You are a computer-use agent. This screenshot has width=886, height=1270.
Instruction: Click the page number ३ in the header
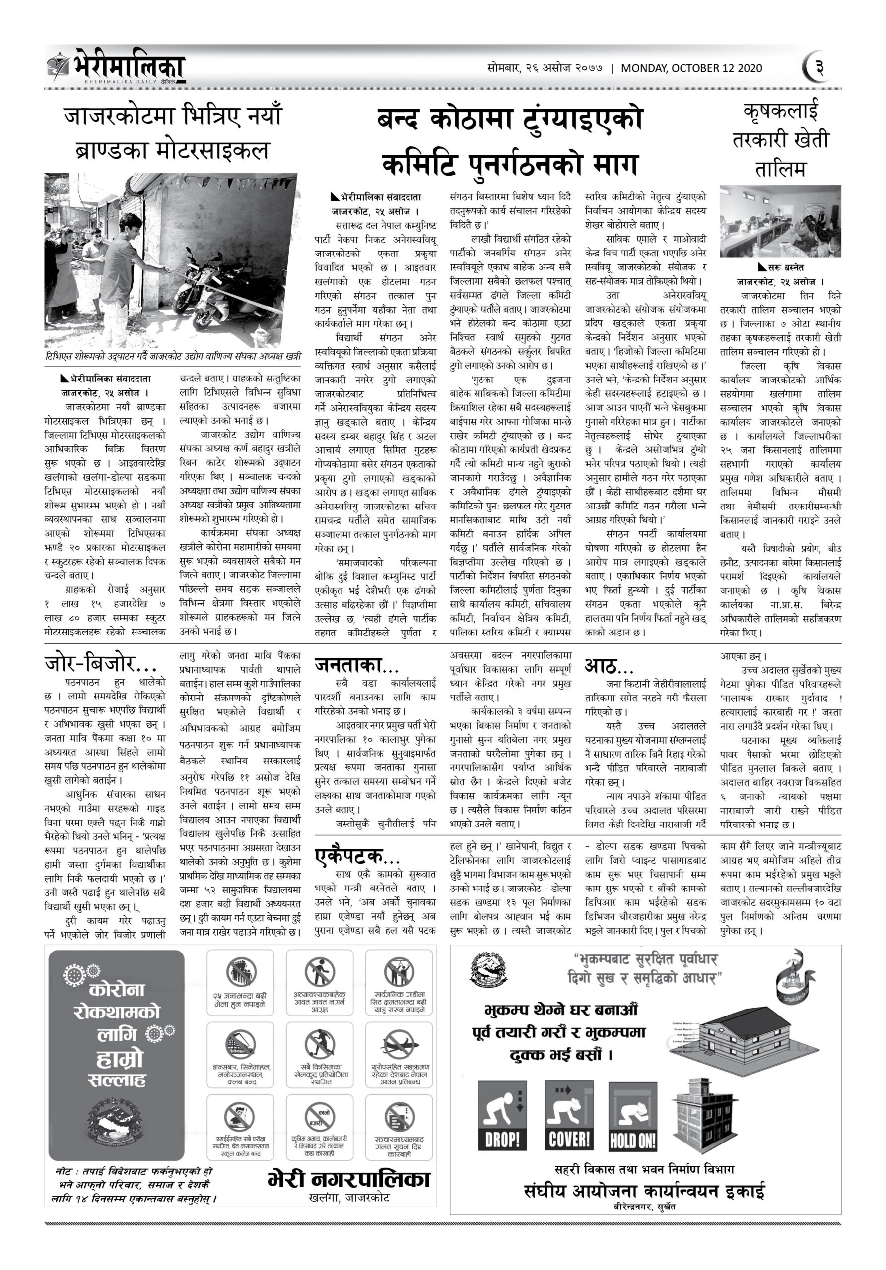tap(819, 68)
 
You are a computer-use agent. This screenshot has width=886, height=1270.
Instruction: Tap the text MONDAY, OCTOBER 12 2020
tap(691, 68)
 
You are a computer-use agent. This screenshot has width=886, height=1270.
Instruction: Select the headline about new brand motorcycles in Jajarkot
tap(172, 133)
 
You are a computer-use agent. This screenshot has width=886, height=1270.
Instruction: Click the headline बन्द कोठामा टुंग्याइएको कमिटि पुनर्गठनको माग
tap(510, 141)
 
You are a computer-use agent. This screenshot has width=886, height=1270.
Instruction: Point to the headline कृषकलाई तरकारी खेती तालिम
tap(780, 139)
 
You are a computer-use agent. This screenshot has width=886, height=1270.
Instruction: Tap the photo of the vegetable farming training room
tap(780, 221)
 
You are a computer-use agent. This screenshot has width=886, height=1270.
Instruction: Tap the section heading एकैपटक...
tap(357, 856)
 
